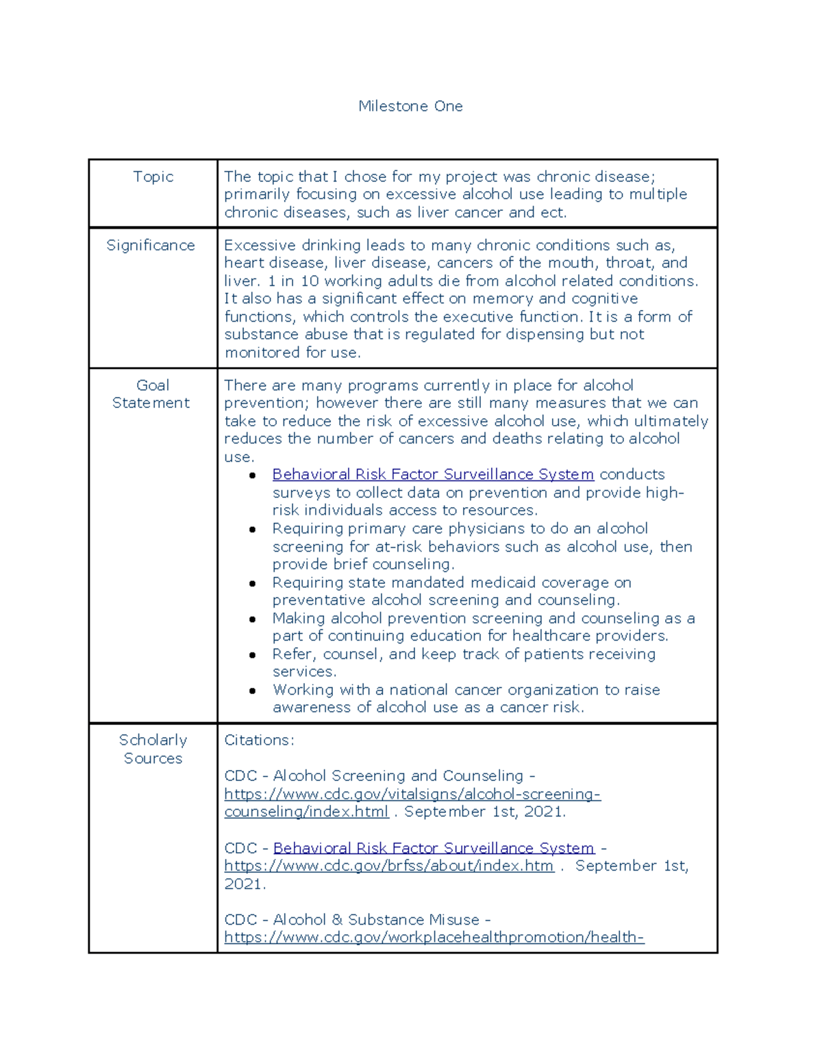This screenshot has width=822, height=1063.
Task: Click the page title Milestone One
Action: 410,106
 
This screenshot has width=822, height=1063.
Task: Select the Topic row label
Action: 153,177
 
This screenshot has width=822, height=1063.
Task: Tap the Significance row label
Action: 151,245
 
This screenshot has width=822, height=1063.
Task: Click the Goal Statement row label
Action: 151,394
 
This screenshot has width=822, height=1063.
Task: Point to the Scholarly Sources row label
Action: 153,749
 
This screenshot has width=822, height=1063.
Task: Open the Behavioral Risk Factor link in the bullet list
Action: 433,474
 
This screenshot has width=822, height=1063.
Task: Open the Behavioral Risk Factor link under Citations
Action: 434,847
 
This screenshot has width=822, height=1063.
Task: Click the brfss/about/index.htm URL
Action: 388,866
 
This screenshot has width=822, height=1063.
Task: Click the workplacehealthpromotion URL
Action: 434,937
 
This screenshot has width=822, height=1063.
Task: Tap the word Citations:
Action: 259,740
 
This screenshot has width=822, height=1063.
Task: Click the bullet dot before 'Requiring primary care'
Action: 253,529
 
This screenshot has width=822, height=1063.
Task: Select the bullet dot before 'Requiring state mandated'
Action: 253,583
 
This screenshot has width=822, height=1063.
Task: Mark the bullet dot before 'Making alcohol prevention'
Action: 253,619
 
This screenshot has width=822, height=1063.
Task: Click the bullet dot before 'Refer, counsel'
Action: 253,655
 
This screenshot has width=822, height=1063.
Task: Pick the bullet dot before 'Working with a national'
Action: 253,691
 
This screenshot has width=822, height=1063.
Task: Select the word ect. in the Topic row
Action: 553,212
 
